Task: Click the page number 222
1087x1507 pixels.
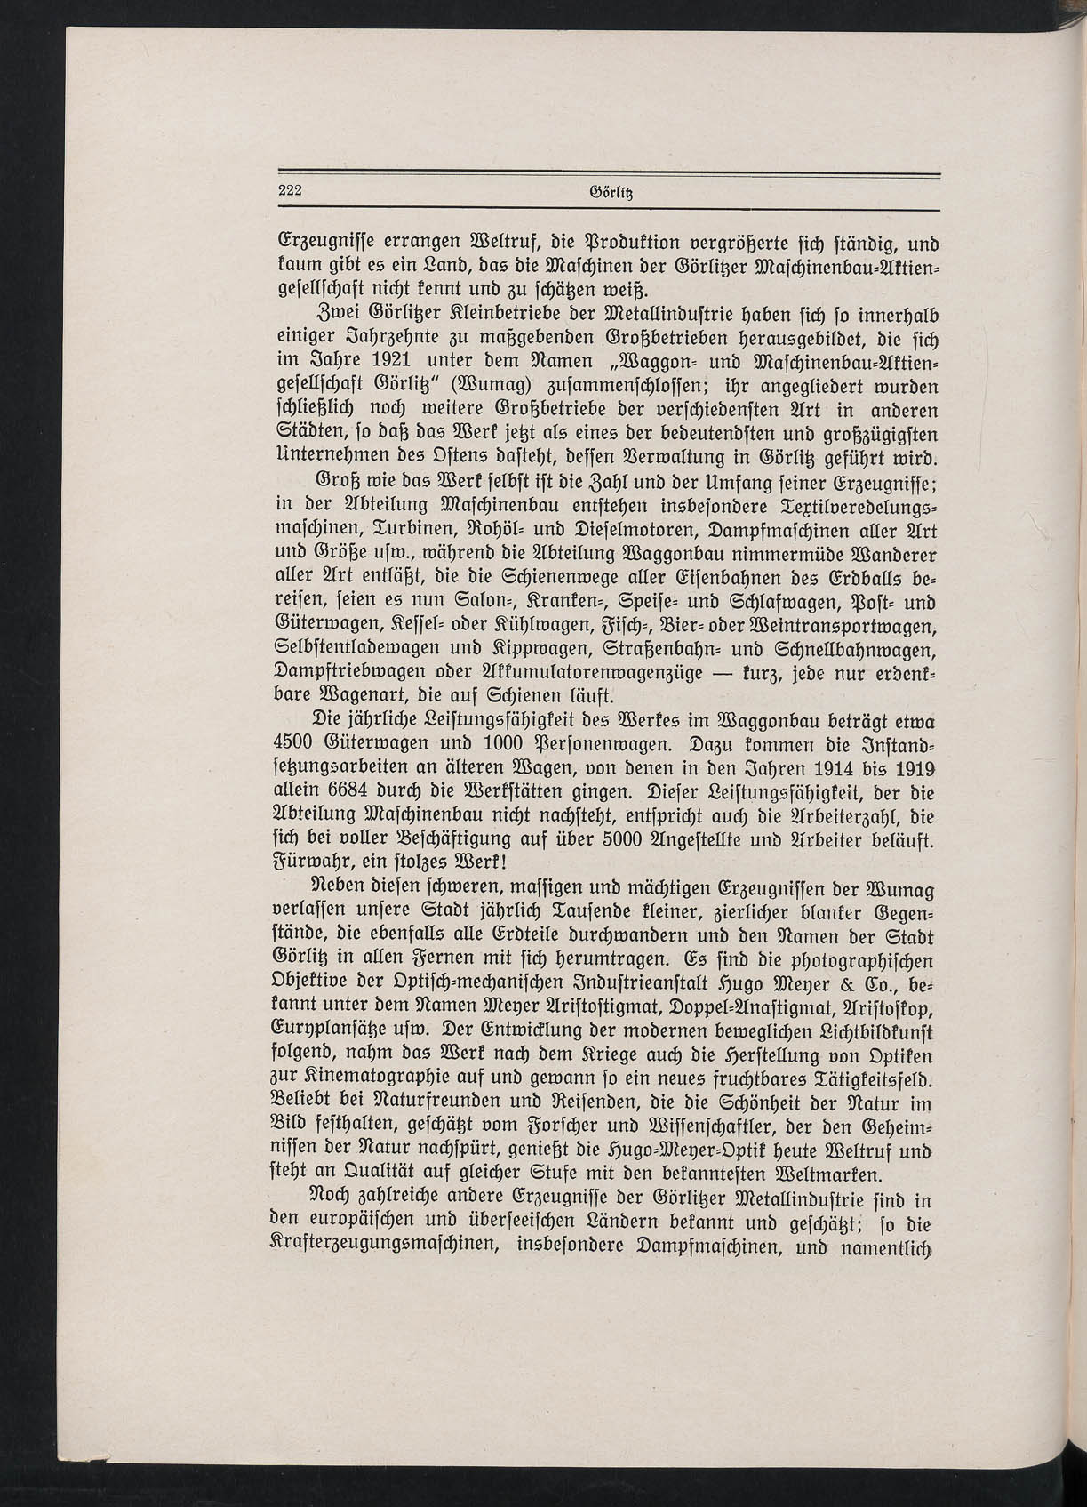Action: coord(291,189)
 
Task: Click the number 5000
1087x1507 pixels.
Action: coord(616,839)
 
